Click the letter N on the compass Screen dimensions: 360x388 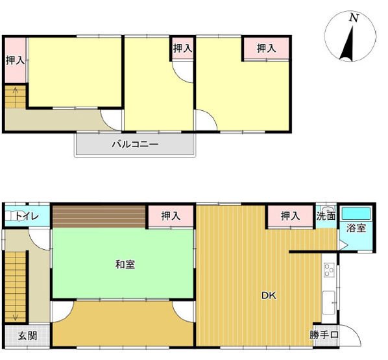click(x=354, y=19)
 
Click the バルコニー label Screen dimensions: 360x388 click(x=135, y=143)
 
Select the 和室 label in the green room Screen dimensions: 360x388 click(x=125, y=264)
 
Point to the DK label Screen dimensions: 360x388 click(x=269, y=296)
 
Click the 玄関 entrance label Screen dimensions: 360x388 click(x=27, y=336)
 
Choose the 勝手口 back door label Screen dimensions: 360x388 click(x=323, y=335)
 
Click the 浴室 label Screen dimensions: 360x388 click(x=356, y=228)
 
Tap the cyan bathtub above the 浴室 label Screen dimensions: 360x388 click(x=356, y=213)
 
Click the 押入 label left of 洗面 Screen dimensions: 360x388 click(x=289, y=216)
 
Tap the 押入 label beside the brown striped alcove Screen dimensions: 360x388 click(x=170, y=216)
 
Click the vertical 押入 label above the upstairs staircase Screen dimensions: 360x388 click(x=15, y=60)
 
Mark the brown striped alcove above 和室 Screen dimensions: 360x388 click(x=99, y=216)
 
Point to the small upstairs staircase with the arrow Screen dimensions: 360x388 click(x=14, y=97)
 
